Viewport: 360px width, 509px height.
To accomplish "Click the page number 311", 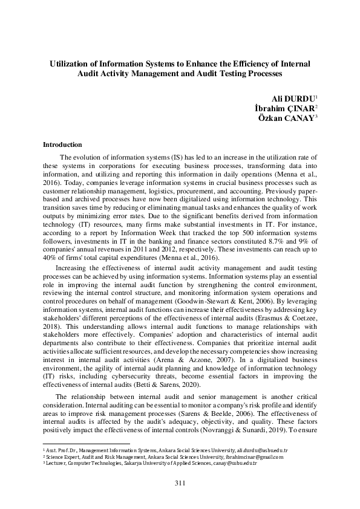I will point(180,482).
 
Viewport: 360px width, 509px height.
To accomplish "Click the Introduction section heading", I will point(62,144).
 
